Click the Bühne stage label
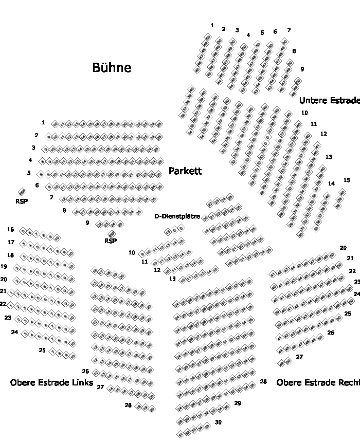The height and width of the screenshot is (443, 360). (112, 68)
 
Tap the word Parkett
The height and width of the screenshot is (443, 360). (185, 171)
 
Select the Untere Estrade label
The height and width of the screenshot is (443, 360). (329, 101)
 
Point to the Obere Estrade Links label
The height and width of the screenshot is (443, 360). (51, 383)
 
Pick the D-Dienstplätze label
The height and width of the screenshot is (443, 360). (177, 216)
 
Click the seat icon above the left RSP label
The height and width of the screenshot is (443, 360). (22, 192)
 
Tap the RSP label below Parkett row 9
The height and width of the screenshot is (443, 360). (110, 241)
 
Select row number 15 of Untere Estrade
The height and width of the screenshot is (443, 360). (347, 180)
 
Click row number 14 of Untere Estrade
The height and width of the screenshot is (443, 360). (331, 183)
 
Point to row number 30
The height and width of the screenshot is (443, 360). (218, 422)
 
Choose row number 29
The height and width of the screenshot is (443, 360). (238, 403)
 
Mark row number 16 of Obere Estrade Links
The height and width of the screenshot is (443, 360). (11, 229)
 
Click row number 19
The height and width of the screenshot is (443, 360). (4, 267)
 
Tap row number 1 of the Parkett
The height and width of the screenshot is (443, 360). (43, 122)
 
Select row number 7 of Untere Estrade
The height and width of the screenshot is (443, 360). (289, 30)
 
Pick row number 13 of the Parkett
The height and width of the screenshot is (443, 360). (172, 279)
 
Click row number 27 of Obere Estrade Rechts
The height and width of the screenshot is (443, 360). (299, 357)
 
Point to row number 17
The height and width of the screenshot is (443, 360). (11, 242)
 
